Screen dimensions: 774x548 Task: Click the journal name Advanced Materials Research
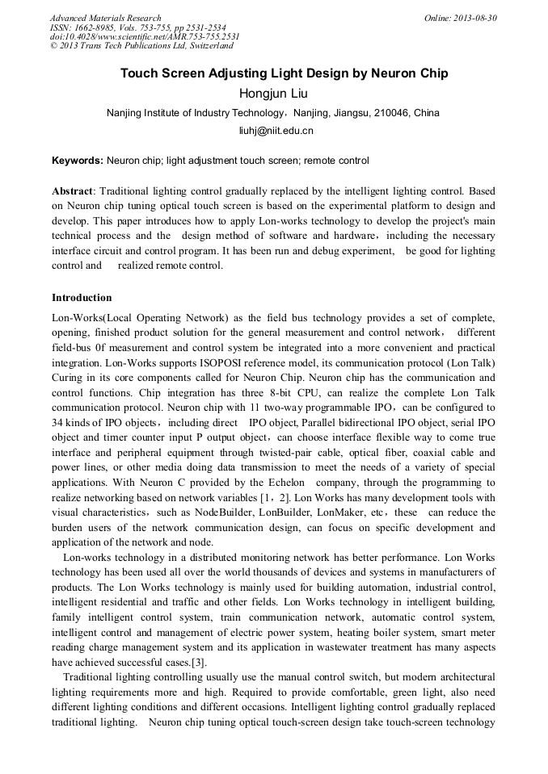click(105, 18)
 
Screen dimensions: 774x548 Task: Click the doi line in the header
click(145, 36)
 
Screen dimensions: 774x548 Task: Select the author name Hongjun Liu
click(273, 94)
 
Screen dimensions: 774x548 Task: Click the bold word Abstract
click(73, 192)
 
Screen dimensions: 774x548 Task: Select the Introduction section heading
click(82, 298)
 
